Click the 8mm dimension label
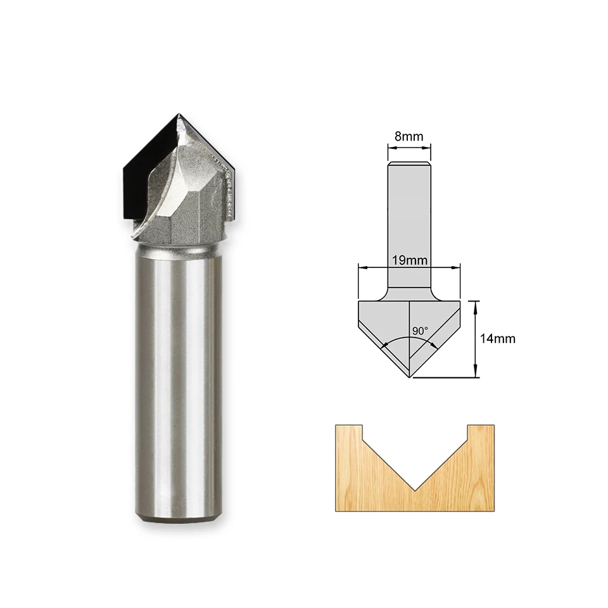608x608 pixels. [x=408, y=136]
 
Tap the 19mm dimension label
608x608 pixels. [x=410, y=260]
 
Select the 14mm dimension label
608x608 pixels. [x=498, y=338]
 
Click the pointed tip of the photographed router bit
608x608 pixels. [x=179, y=114]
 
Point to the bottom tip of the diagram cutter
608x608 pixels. [x=410, y=377]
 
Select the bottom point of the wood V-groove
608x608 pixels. [x=415, y=490]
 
